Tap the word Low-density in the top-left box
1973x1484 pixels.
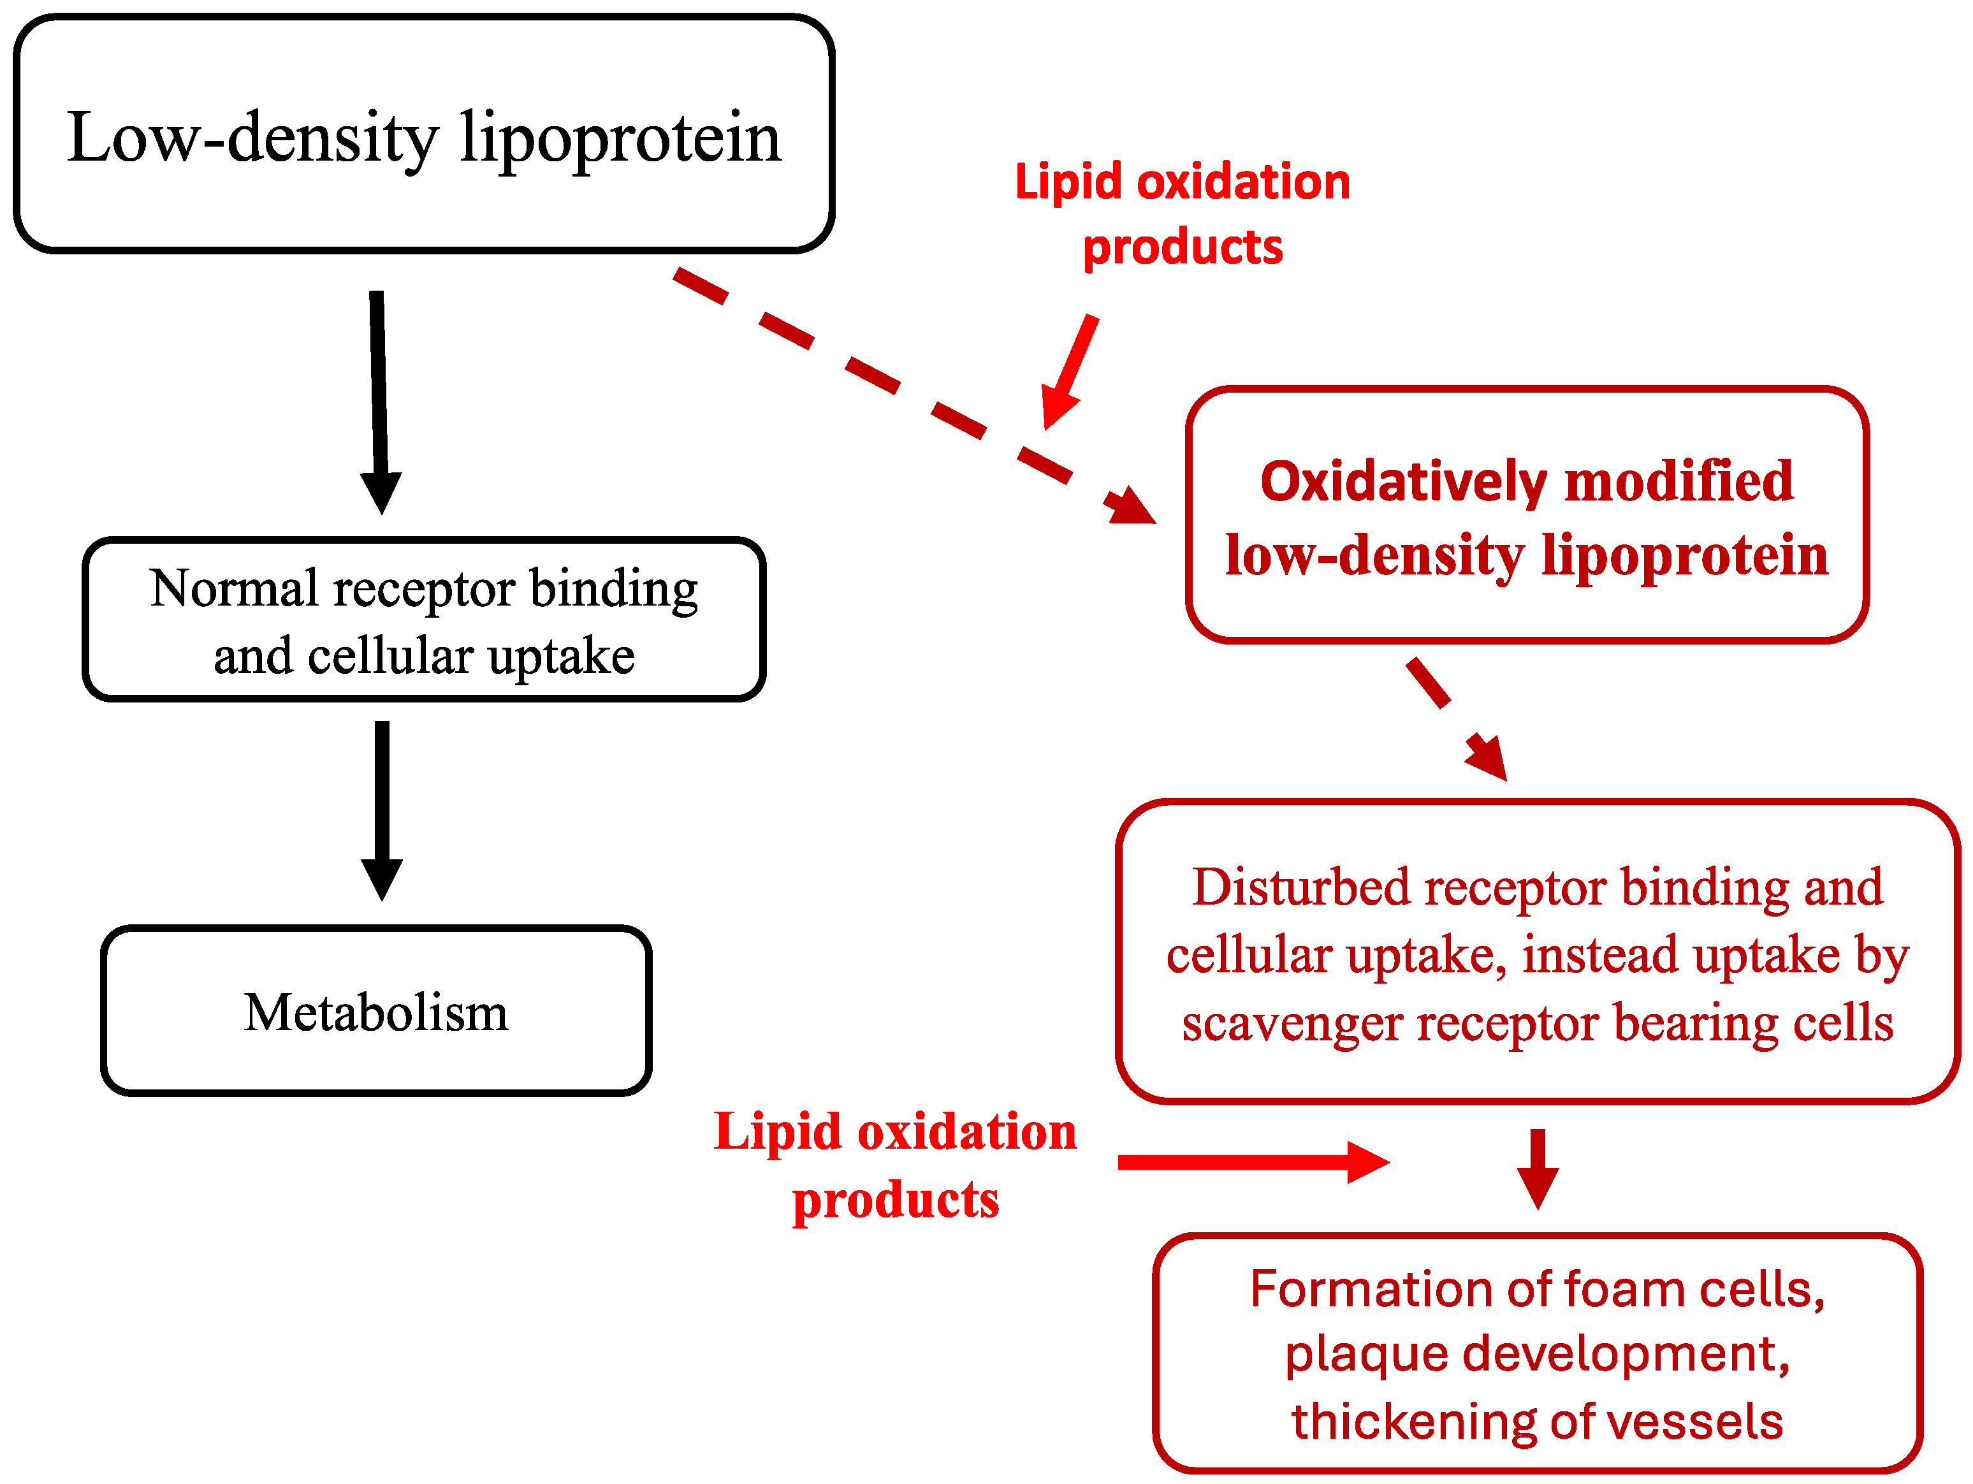pyautogui.click(x=252, y=138)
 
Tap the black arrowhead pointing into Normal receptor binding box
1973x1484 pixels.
pyautogui.click(x=381, y=490)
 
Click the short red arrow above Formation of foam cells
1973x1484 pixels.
pyautogui.click(x=1538, y=1168)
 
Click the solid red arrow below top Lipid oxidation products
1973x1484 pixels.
pyautogui.click(x=1070, y=371)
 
